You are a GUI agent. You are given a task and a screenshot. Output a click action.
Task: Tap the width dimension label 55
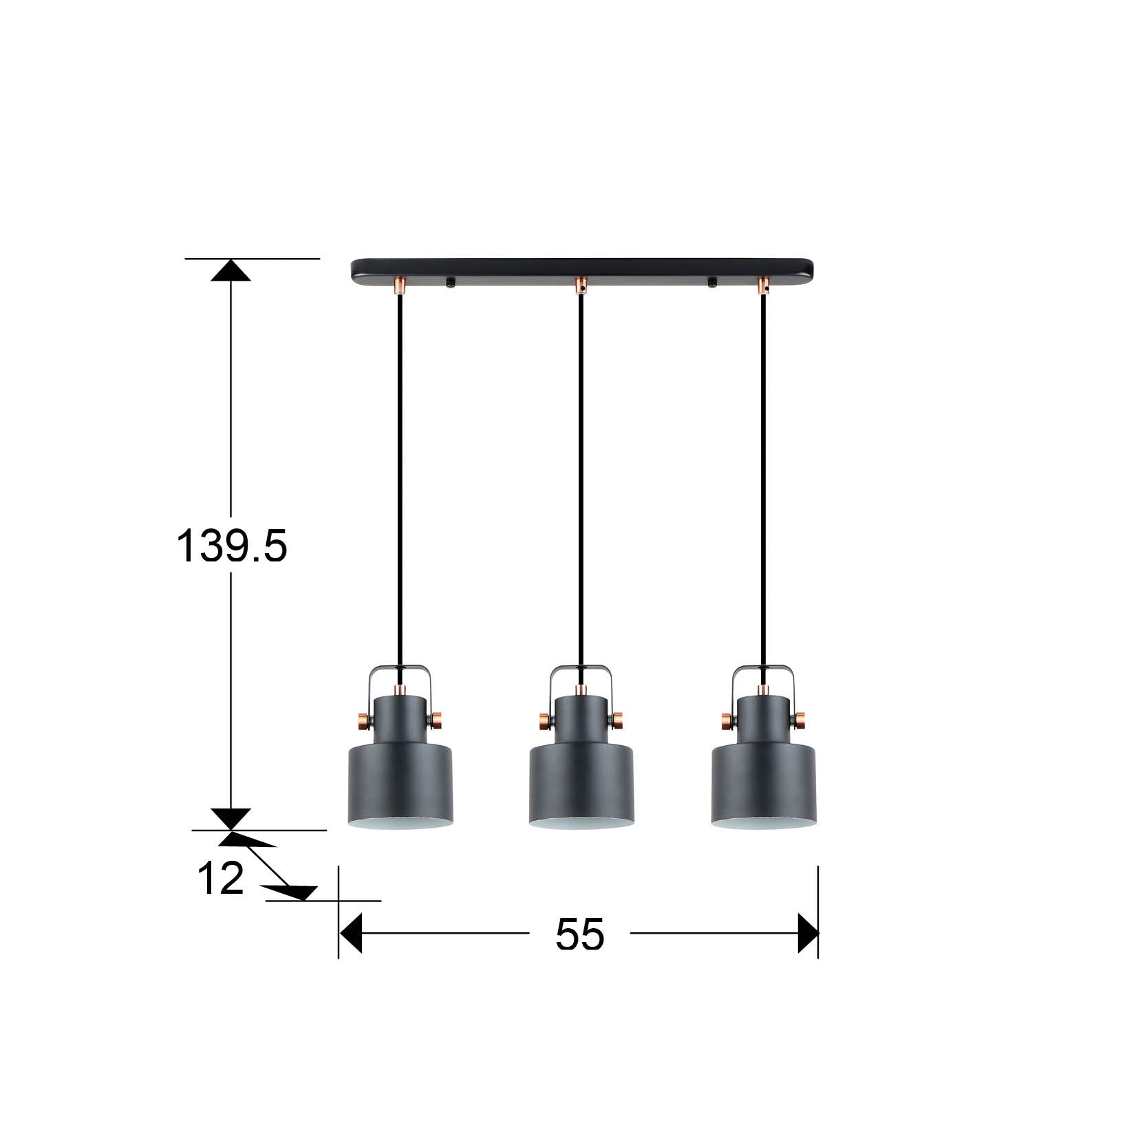(x=579, y=934)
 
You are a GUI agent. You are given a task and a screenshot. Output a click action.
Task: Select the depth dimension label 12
(x=221, y=879)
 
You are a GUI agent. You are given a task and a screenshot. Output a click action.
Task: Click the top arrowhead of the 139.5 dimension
(x=231, y=270)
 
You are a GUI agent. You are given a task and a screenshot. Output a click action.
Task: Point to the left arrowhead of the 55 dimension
(x=351, y=934)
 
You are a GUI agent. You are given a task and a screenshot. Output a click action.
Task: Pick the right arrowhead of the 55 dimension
(x=808, y=934)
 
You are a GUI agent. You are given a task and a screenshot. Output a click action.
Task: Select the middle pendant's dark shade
(x=581, y=784)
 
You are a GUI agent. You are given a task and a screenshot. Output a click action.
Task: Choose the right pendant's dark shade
(x=763, y=784)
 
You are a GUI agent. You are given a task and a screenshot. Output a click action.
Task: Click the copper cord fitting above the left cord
(x=400, y=285)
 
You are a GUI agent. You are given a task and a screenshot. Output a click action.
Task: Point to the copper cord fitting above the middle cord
(x=581, y=285)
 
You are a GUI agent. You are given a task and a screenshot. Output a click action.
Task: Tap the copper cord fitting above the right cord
(x=762, y=285)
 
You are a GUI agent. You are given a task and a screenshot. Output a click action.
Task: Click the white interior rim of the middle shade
(x=581, y=824)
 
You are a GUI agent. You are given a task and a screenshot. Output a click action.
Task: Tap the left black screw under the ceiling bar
(x=451, y=282)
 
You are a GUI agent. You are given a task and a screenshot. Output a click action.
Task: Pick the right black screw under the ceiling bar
(x=712, y=282)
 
